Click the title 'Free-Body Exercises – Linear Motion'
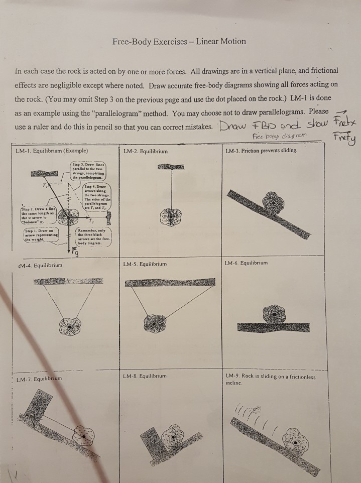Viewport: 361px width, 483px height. pos(179,41)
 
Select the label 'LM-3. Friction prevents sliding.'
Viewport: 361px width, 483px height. pos(262,151)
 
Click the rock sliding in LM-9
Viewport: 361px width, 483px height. pos(294,439)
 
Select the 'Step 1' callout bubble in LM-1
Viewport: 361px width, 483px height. pos(42,234)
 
